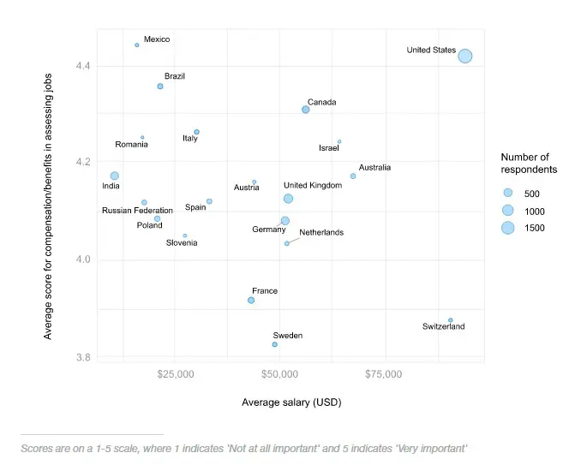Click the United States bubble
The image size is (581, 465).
tap(464, 56)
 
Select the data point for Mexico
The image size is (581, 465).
tap(137, 45)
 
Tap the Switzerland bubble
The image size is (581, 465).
tap(450, 320)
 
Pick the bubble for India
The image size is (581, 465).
tap(114, 176)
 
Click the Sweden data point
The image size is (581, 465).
tap(274, 344)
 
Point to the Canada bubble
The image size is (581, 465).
tap(305, 110)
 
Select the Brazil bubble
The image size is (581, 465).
tap(160, 86)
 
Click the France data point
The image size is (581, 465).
tap(251, 301)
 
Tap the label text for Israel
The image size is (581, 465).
tap(329, 148)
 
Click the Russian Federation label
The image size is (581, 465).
tap(137, 211)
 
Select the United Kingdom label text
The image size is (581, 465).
tap(312, 186)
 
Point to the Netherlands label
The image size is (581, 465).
tap(321, 232)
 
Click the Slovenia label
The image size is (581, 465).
tap(182, 243)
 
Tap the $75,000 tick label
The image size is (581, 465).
tap(383, 374)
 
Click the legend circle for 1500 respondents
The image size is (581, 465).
tap(507, 228)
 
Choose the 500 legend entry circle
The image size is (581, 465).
tap(507, 193)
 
